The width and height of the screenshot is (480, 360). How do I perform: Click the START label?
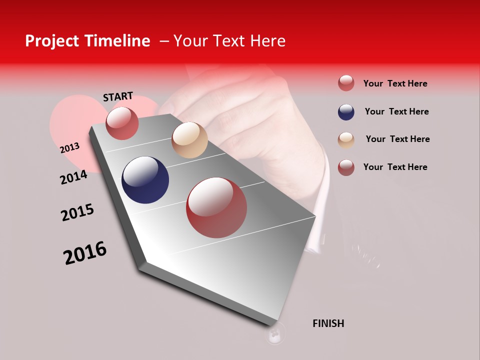click(118, 96)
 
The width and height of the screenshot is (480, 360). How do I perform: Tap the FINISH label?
click(328, 323)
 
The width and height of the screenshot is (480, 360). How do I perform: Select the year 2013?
click(69, 148)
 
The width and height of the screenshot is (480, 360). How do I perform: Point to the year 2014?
click(73, 177)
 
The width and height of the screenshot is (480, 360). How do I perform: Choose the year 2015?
click(77, 212)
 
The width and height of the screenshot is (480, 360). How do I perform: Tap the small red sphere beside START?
click(122, 123)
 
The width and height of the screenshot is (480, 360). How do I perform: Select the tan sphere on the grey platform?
click(189, 140)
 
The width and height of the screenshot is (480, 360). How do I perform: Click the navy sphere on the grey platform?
click(145, 180)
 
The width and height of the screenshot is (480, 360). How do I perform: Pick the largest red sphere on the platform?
click(216, 207)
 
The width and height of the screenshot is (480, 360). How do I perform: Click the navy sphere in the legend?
click(346, 112)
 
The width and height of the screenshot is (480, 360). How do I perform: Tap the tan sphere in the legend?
click(346, 140)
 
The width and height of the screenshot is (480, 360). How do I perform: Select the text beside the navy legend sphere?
click(396, 111)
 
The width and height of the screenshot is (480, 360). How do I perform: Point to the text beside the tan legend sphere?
click(397, 139)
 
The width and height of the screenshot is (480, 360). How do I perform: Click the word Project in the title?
click(52, 41)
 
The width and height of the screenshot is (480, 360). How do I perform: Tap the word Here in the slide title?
click(267, 41)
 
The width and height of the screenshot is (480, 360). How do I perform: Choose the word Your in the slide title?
click(189, 41)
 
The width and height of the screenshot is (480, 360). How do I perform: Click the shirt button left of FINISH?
click(274, 333)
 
